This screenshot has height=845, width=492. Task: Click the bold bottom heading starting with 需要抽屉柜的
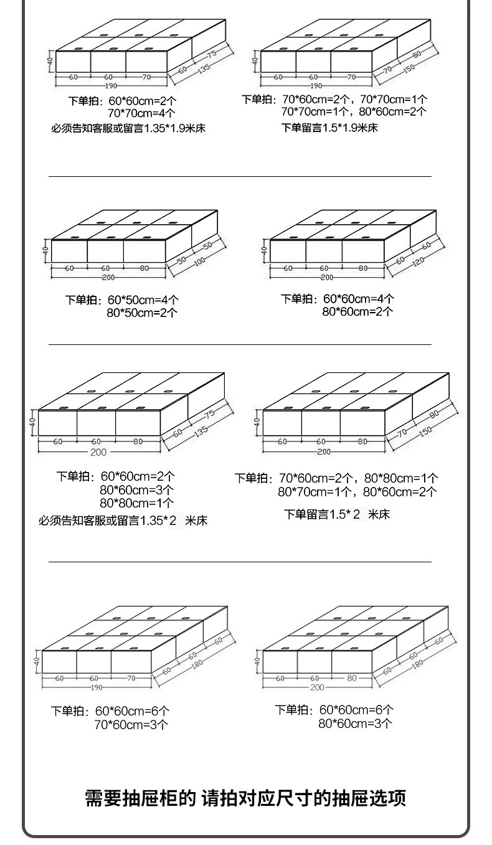pos(245,798)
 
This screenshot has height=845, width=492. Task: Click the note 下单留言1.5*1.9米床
pos(329,128)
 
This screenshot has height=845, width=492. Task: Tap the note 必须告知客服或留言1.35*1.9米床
pos(128,129)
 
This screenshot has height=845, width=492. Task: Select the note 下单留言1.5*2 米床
pos(337,514)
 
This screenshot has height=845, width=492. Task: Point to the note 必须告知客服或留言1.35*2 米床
pos(123,521)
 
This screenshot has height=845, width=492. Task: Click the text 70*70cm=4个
pos(141,113)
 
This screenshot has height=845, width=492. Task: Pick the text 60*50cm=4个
pos(143,300)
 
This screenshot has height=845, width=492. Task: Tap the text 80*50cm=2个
pos(142,313)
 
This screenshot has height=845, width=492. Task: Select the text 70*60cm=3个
pos(131,724)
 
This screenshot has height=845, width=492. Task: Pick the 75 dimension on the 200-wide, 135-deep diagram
pos(209,414)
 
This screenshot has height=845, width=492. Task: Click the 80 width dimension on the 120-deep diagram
pos(362,268)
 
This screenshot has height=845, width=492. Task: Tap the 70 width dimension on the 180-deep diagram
pos(131,678)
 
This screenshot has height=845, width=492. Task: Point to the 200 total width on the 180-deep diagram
pos(317,687)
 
